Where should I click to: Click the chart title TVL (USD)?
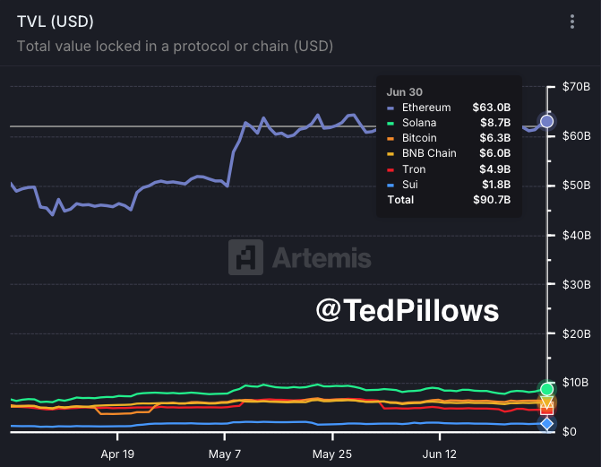55,21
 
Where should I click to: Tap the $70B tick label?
573,87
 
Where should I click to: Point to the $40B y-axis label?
573,235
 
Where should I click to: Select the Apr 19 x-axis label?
117,454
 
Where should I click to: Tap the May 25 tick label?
332,454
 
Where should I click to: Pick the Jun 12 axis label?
439,454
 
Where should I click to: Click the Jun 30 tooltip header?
404,91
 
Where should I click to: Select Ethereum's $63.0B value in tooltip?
494,108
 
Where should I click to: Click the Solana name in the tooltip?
420,123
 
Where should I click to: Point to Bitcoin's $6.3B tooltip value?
496,138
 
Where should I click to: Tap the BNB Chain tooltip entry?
429,153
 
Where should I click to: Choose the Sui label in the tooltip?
411,184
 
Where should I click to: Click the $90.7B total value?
492,199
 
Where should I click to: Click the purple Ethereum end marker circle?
546,121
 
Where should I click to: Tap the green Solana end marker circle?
546,389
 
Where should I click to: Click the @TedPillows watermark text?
407,310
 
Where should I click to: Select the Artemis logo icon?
245,257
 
